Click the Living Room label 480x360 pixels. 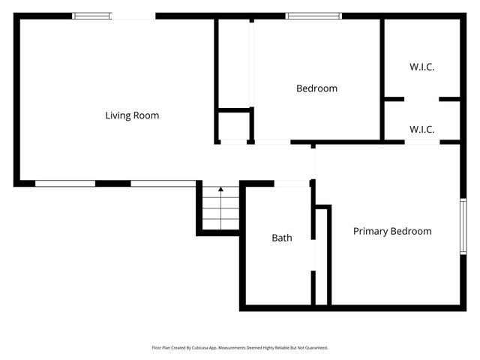click(132, 115)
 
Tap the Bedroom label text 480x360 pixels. click(316, 88)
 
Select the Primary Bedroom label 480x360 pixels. click(392, 232)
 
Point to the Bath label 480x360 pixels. click(282, 238)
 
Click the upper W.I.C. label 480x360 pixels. click(421, 67)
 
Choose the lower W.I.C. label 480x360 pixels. click(421, 130)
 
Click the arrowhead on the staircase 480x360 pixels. click(220, 189)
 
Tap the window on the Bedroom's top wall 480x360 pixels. click(313, 16)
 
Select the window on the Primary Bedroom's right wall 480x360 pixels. click(463, 226)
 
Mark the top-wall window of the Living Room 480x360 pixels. click(91, 16)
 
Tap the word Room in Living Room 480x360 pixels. click(148, 115)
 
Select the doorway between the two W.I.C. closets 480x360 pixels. click(421, 99)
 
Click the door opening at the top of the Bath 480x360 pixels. click(292, 184)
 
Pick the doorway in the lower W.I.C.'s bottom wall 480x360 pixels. click(422, 142)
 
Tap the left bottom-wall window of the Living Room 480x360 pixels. click(65, 184)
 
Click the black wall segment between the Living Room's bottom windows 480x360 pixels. click(113, 184)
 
